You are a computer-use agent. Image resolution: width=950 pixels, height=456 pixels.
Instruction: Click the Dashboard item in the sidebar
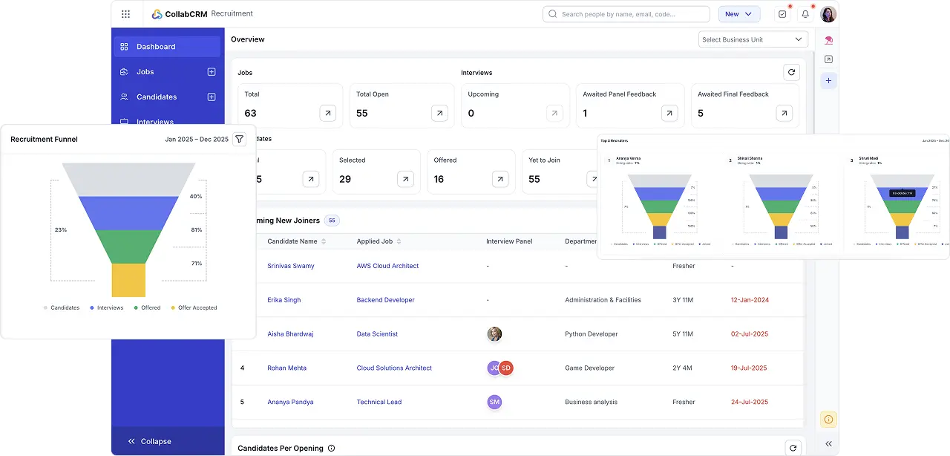[156, 47]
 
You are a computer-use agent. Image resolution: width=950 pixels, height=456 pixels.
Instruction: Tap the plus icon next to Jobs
[212, 72]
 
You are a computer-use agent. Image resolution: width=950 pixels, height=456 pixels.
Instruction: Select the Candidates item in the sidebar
[156, 97]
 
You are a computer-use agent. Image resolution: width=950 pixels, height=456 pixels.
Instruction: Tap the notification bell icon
[805, 14]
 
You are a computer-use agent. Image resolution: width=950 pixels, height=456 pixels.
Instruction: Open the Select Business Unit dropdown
[753, 39]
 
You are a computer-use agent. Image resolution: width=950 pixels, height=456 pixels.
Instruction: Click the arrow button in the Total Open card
[440, 113]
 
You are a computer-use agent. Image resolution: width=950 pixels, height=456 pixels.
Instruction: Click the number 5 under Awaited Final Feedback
[701, 114]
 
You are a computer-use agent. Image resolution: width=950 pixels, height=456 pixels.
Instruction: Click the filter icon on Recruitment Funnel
[239, 139]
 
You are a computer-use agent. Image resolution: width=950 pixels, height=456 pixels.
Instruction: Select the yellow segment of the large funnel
[128, 280]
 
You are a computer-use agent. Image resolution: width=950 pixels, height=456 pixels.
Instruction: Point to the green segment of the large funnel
[128, 246]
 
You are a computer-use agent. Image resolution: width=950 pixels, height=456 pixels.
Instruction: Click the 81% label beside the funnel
[196, 229]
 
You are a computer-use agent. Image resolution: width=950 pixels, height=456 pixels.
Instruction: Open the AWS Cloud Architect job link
[387, 266]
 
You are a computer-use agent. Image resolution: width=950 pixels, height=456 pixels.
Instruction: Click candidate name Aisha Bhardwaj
[290, 334]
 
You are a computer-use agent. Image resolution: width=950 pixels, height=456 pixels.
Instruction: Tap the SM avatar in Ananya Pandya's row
[494, 402]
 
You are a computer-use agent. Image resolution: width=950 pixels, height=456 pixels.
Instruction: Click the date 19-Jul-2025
[749, 368]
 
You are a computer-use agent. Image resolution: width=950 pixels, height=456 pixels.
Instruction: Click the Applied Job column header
[375, 241]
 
